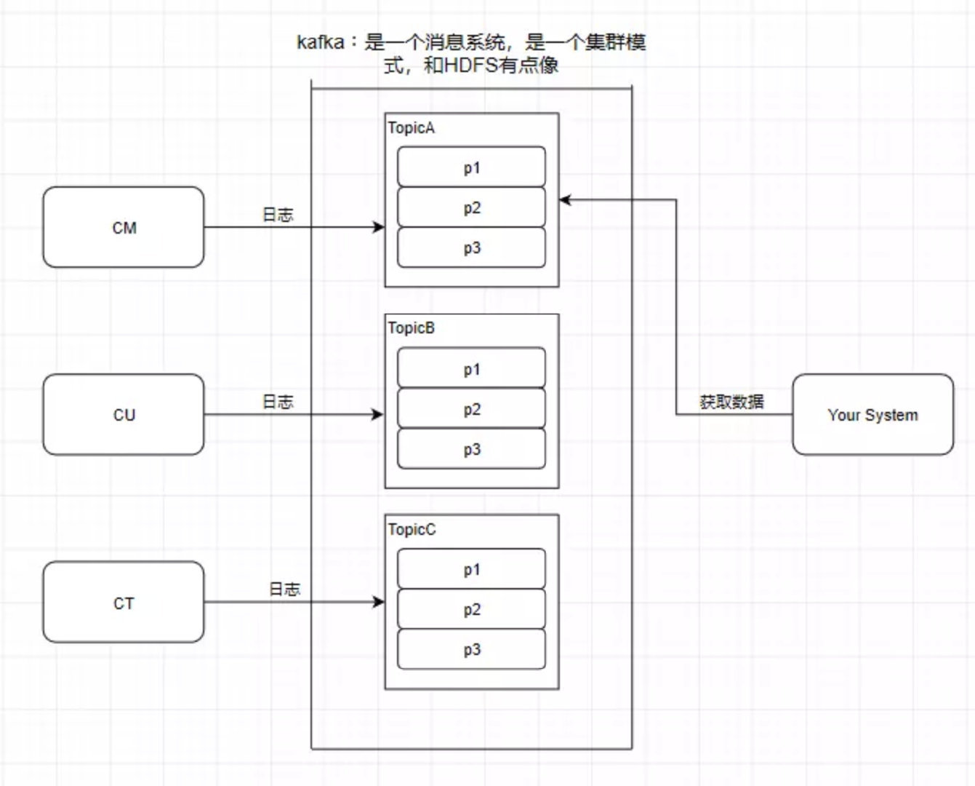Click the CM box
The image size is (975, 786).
pyautogui.click(x=124, y=227)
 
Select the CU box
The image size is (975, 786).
pyautogui.click(x=124, y=415)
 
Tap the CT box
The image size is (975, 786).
pyautogui.click(x=124, y=603)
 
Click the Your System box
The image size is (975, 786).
pyautogui.click(x=872, y=415)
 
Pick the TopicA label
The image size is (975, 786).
pyautogui.click(x=412, y=128)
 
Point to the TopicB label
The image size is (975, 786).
pyautogui.click(x=412, y=328)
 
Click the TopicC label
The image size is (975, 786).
pyautogui.click(x=412, y=529)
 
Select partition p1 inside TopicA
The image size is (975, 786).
pyautogui.click(x=471, y=167)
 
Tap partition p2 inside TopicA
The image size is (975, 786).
pyautogui.click(x=471, y=208)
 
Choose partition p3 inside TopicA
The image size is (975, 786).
pyautogui.click(x=471, y=248)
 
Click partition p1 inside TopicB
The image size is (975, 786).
pyautogui.click(x=471, y=369)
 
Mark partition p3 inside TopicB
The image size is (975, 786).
pyautogui.click(x=471, y=450)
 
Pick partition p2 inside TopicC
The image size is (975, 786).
pyautogui.click(x=471, y=610)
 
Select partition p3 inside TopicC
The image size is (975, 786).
pyautogui.click(x=471, y=650)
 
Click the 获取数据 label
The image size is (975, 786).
pyautogui.click(x=731, y=402)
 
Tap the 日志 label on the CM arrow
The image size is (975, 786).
pyautogui.click(x=278, y=215)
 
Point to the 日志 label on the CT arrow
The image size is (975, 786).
pyautogui.click(x=285, y=589)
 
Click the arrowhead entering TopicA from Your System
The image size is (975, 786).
pyautogui.click(x=565, y=200)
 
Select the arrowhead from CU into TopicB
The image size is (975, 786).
pyautogui.click(x=378, y=415)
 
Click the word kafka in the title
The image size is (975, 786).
pyautogui.click(x=320, y=42)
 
